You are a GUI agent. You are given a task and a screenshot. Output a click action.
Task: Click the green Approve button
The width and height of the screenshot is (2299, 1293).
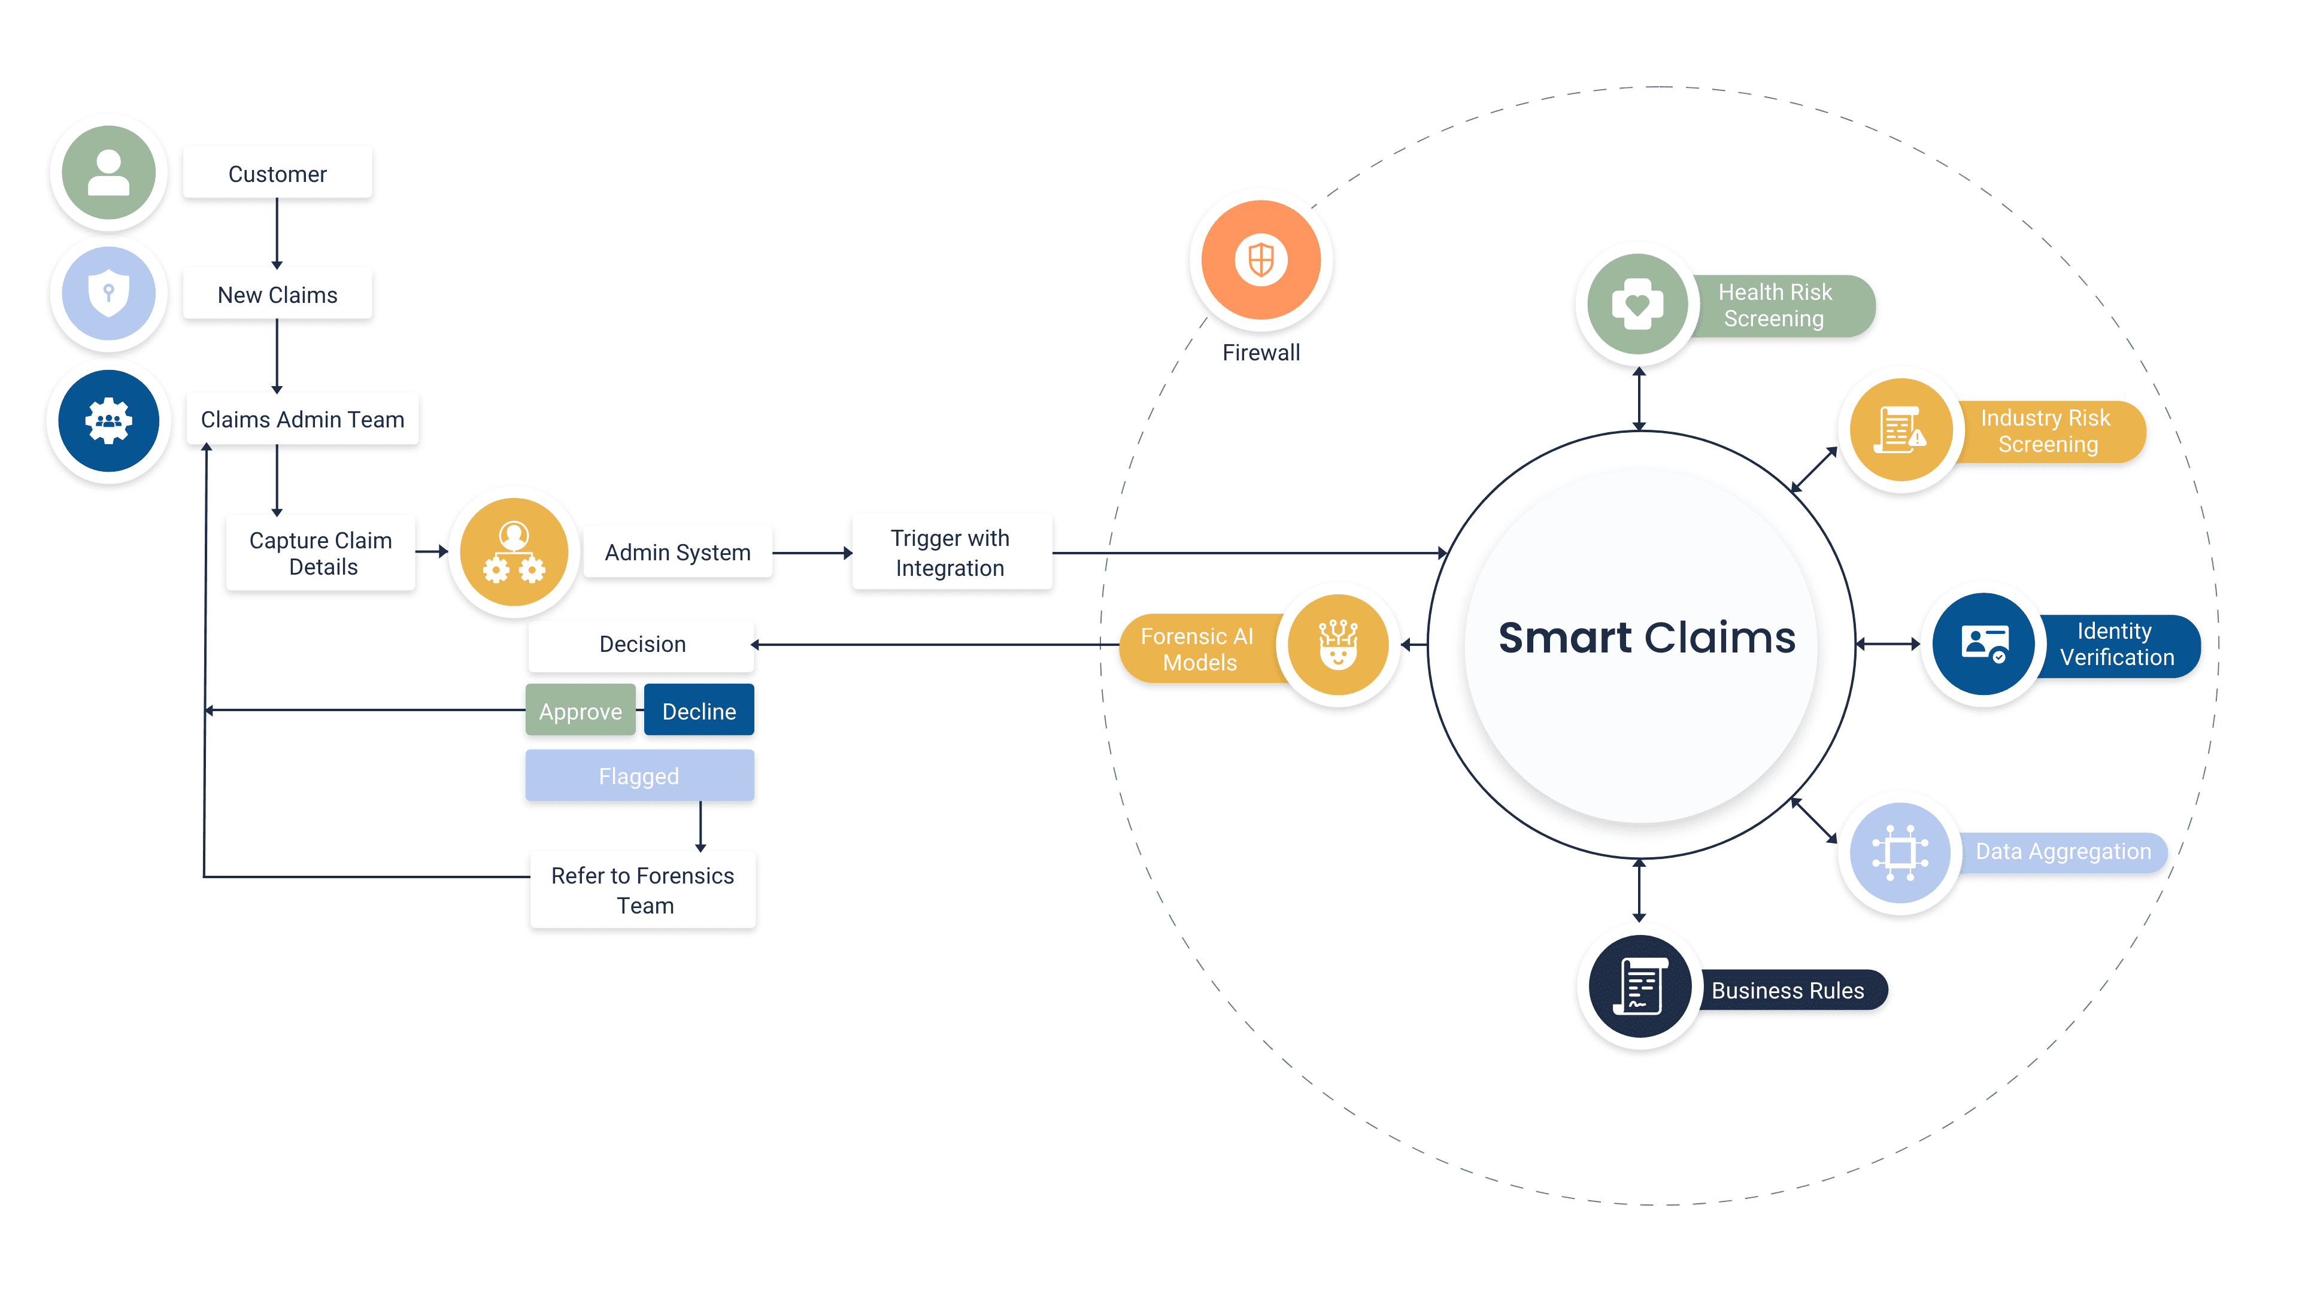(580, 711)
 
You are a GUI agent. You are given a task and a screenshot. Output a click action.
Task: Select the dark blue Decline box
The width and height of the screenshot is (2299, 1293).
(699, 711)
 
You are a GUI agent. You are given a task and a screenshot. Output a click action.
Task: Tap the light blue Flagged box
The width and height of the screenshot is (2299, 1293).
(639, 775)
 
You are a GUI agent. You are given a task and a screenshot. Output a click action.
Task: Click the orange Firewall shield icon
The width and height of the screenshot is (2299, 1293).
(1260, 260)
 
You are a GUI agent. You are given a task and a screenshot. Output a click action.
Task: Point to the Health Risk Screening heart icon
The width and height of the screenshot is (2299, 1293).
(1637, 305)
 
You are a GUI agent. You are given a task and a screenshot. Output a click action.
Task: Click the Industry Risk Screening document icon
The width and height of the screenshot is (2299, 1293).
(1900, 430)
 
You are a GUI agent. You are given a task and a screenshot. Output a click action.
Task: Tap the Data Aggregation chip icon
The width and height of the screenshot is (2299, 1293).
(1900, 852)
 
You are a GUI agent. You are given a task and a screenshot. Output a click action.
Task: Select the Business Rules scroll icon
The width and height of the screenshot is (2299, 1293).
(1639, 987)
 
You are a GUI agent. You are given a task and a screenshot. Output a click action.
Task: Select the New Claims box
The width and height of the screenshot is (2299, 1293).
(278, 295)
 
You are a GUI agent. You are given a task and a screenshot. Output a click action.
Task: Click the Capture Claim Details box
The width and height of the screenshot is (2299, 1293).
(322, 553)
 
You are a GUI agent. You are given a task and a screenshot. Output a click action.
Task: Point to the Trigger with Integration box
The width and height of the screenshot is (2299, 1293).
(951, 553)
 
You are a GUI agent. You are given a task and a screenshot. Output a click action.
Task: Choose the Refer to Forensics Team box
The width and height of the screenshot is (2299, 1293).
(642, 890)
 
